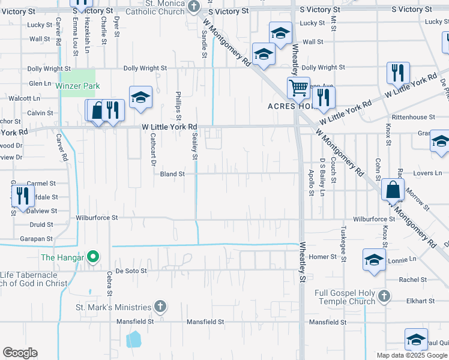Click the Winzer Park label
[77, 86]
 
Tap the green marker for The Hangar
[92, 258]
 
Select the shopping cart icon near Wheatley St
[298, 88]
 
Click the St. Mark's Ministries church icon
[160, 307]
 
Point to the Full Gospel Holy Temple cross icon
[384, 296]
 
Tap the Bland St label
[172, 174]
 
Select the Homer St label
[323, 256]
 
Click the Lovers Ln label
[427, 173]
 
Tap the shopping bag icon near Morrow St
[393, 190]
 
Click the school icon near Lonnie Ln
[373, 260]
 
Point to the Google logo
[20, 353]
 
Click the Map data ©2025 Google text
[411, 355]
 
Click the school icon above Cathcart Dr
[140, 97]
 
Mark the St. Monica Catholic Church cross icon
[193, 7]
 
